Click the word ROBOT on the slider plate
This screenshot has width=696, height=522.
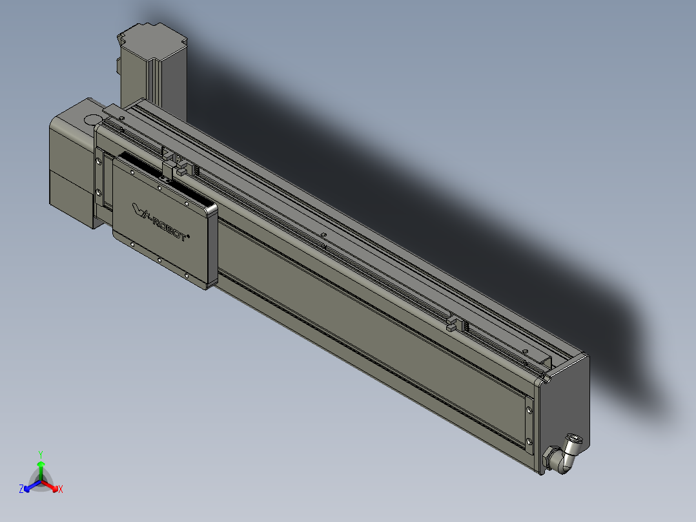click(x=169, y=230)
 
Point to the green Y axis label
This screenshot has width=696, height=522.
click(x=40, y=454)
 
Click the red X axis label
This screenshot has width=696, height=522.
click(x=60, y=490)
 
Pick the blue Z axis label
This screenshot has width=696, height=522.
click(x=21, y=490)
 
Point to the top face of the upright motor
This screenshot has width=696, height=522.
click(x=153, y=39)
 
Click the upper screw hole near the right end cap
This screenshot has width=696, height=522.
click(x=530, y=409)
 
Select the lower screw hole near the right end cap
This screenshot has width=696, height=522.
click(x=530, y=441)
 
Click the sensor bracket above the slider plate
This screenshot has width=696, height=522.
click(x=172, y=165)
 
